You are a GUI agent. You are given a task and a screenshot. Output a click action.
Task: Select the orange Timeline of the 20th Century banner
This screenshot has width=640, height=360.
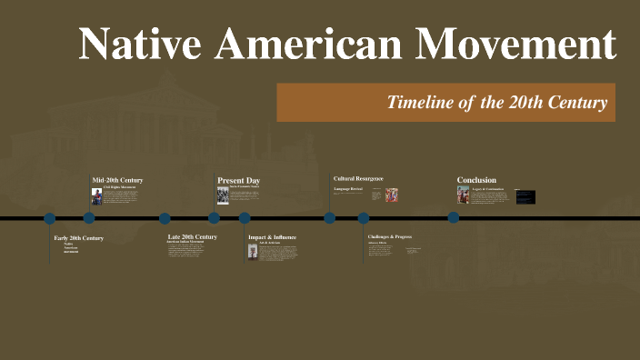445,102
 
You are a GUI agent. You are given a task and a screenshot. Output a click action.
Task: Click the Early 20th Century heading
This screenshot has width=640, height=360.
79,238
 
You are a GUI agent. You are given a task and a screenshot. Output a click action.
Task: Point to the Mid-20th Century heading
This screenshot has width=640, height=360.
117,180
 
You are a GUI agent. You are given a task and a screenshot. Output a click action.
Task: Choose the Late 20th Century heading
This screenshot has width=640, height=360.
192,236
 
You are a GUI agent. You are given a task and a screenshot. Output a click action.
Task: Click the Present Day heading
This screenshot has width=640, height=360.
238,180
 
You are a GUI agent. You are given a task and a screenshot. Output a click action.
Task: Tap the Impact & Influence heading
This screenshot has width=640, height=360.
272,237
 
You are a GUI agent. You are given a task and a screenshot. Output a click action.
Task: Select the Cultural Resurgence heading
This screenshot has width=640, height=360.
358,178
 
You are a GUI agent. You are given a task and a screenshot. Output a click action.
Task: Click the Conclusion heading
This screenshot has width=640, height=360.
476,180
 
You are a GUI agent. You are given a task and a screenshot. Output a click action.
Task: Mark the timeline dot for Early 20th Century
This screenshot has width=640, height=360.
50,218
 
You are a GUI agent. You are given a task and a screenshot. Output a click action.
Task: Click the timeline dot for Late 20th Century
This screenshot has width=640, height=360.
165,218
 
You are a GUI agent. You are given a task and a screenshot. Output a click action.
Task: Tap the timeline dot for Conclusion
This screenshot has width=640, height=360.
454,218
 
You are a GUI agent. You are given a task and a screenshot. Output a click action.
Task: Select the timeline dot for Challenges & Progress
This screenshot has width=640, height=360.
364,218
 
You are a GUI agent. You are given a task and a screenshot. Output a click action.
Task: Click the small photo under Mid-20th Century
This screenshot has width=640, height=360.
96,196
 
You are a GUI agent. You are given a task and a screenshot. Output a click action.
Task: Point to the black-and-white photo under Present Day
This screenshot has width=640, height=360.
223,195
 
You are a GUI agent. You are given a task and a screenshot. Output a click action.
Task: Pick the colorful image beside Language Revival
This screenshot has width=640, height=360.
392,195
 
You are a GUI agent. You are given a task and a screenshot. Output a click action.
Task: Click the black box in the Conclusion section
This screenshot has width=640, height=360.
525,196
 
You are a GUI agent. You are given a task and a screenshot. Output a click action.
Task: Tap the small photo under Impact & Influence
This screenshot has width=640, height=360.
253,251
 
